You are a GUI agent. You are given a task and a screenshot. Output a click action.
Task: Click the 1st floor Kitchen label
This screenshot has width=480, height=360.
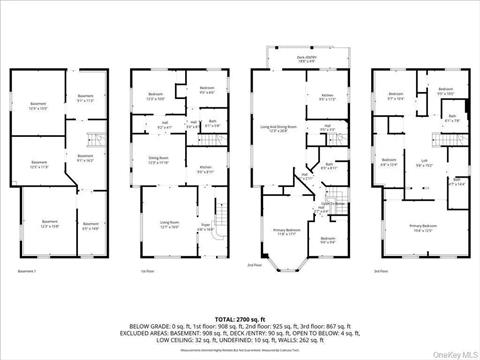coord(205,169)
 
